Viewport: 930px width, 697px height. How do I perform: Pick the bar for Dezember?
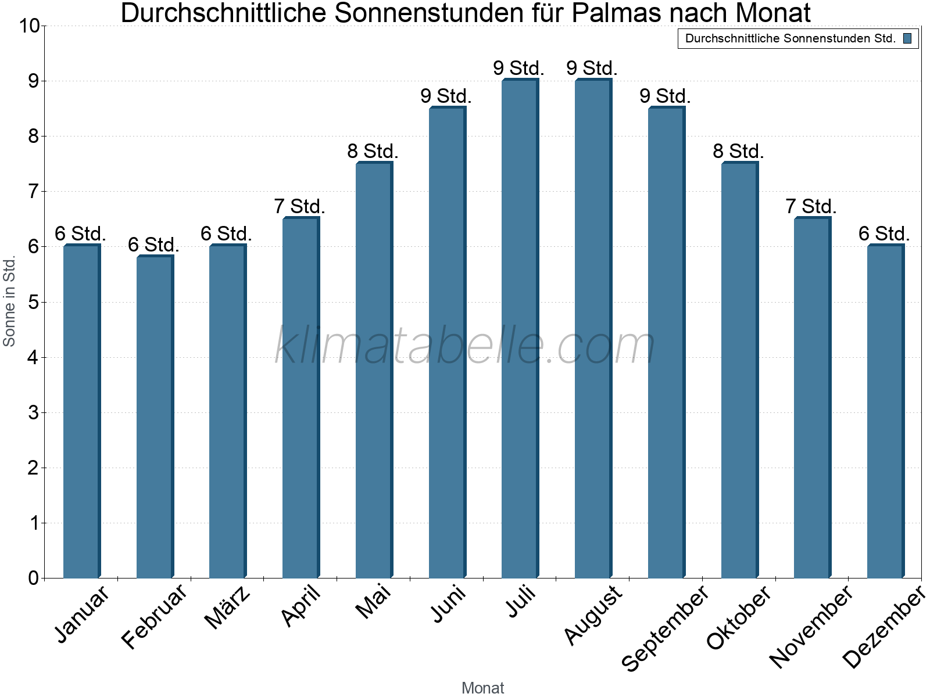coord(885,412)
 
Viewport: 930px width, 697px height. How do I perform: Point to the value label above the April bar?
coord(299,206)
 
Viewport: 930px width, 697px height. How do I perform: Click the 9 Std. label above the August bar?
coord(592,68)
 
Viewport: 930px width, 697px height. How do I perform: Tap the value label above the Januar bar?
coord(80,233)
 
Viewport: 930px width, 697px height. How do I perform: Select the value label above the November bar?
coord(811,206)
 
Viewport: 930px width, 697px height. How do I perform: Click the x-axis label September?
coord(666,628)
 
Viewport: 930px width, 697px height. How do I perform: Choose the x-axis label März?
coord(228,608)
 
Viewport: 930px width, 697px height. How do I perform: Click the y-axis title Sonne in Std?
coord(9,301)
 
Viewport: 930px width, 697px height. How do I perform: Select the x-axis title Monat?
coord(482,688)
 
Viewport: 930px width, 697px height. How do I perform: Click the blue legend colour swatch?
coord(907,39)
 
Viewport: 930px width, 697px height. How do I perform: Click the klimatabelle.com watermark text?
coord(465,346)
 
